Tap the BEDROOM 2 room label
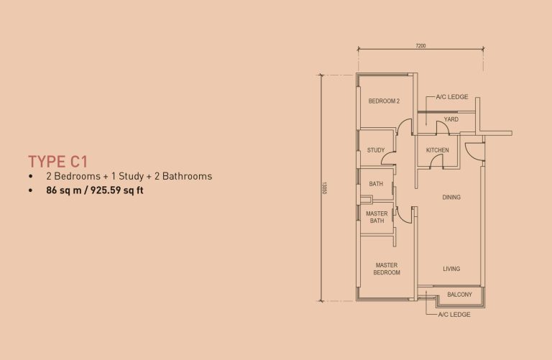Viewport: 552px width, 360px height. pyautogui.click(x=383, y=101)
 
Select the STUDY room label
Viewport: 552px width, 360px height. pyautogui.click(x=376, y=150)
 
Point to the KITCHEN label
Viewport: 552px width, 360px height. pyautogui.click(x=437, y=150)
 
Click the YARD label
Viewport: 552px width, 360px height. pyautogui.click(x=451, y=120)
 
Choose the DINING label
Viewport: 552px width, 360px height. pyautogui.click(x=451, y=197)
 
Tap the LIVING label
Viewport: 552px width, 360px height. pyautogui.click(x=451, y=269)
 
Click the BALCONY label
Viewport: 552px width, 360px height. pyautogui.click(x=459, y=295)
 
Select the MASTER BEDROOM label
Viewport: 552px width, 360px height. pyautogui.click(x=387, y=269)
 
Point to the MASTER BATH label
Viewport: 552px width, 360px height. pyautogui.click(x=377, y=217)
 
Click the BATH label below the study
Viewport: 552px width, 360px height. pyautogui.click(x=376, y=185)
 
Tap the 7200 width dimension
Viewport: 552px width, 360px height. pyautogui.click(x=420, y=46)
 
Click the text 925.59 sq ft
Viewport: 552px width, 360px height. pyautogui.click(x=116, y=191)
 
